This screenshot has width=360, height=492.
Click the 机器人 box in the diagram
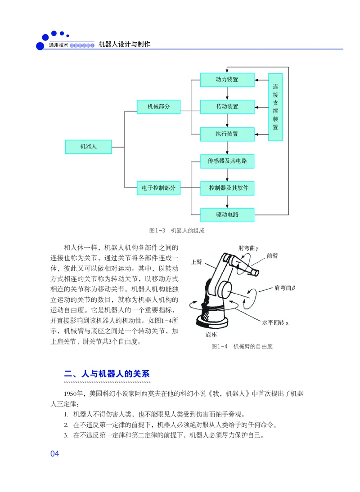(x=88, y=147)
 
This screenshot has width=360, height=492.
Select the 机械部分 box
(x=158, y=107)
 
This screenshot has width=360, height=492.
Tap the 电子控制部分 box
(x=158, y=188)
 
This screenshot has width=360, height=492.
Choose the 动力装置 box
(x=227, y=80)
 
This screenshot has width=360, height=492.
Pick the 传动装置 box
(x=227, y=107)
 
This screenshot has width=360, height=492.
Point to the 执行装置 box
(x=227, y=134)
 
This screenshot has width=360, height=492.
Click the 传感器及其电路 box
(x=227, y=161)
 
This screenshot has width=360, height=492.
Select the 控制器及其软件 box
(x=227, y=188)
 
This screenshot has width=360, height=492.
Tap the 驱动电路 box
(x=227, y=215)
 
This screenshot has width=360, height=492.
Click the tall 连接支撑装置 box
(x=275, y=107)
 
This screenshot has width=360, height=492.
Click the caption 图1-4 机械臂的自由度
(x=242, y=347)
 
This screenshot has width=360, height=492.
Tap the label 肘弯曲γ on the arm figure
(x=248, y=248)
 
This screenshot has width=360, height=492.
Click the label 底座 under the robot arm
(x=211, y=335)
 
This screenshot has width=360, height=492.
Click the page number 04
(x=55, y=454)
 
